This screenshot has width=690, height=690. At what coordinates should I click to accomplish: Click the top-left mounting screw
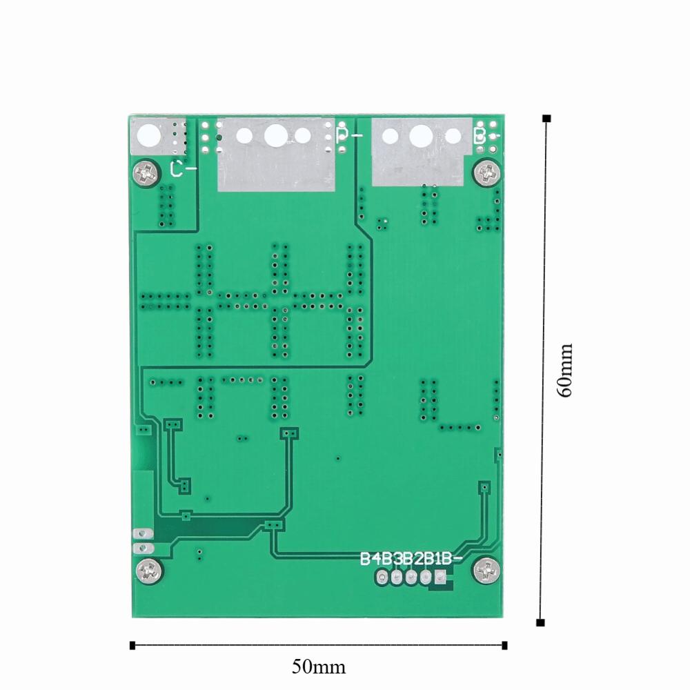click(x=146, y=170)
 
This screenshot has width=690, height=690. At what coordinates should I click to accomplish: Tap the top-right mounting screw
click(x=486, y=170)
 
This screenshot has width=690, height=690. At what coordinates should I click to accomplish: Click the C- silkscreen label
click(x=182, y=168)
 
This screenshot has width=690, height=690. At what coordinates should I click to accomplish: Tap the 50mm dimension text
click(x=318, y=667)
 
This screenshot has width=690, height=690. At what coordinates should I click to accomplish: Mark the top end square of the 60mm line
click(x=546, y=118)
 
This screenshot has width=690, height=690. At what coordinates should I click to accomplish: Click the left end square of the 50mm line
click(x=132, y=646)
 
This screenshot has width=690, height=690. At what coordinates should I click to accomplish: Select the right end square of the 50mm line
click(x=505, y=646)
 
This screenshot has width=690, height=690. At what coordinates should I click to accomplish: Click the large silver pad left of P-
click(x=276, y=156)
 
